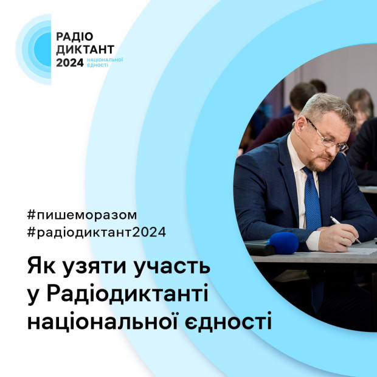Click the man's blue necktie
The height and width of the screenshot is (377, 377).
313,201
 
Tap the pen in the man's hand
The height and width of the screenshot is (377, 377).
344,229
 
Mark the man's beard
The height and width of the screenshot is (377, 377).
319,163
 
